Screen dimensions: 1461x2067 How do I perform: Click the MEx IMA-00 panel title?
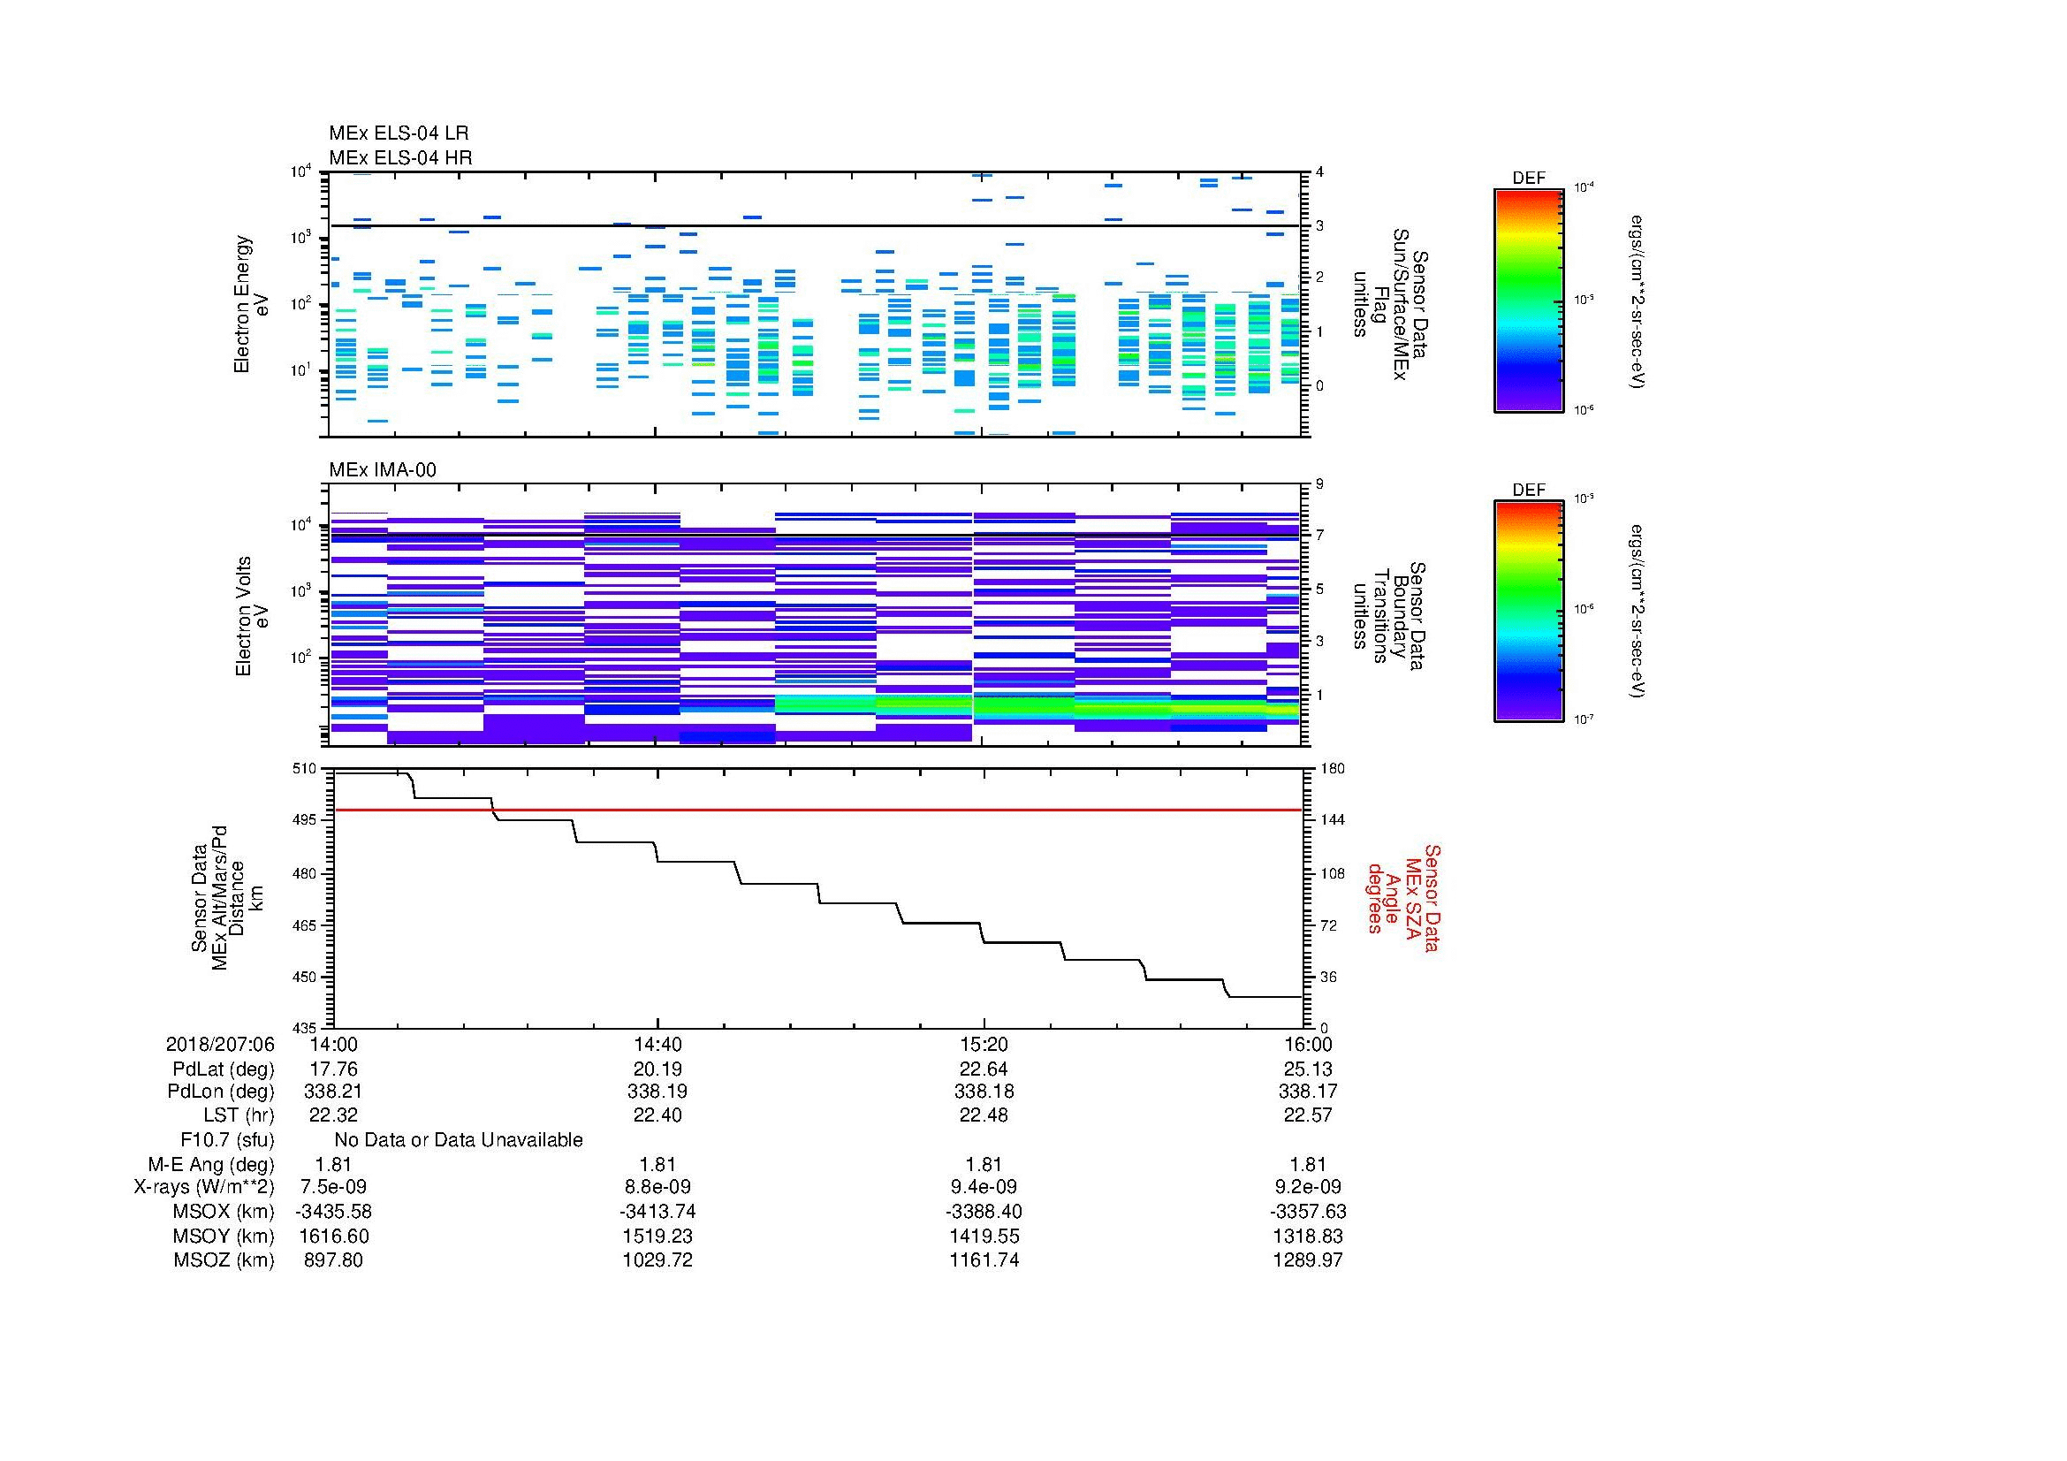coord(382,470)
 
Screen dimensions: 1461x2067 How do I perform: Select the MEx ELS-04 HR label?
coord(399,157)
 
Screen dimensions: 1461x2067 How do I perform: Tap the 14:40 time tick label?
coord(657,1044)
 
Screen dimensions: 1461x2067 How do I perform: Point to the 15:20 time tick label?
coord(983,1044)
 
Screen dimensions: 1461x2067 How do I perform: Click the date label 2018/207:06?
coord(220,1044)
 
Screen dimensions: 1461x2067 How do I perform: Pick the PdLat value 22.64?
coord(983,1069)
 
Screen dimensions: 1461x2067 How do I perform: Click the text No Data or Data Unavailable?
coord(459,1140)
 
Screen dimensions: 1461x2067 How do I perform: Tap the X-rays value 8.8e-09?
coord(657,1187)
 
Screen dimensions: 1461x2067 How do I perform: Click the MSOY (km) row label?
coord(224,1236)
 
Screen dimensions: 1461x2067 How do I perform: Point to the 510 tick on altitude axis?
coord(305,769)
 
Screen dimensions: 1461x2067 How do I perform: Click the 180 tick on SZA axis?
coord(1332,769)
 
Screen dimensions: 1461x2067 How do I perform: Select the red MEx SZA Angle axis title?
coord(1402,897)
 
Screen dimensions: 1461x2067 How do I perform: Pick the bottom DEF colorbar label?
coord(1529,490)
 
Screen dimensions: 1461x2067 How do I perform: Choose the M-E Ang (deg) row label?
coord(210,1164)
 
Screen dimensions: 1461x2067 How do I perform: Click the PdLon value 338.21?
coord(333,1091)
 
